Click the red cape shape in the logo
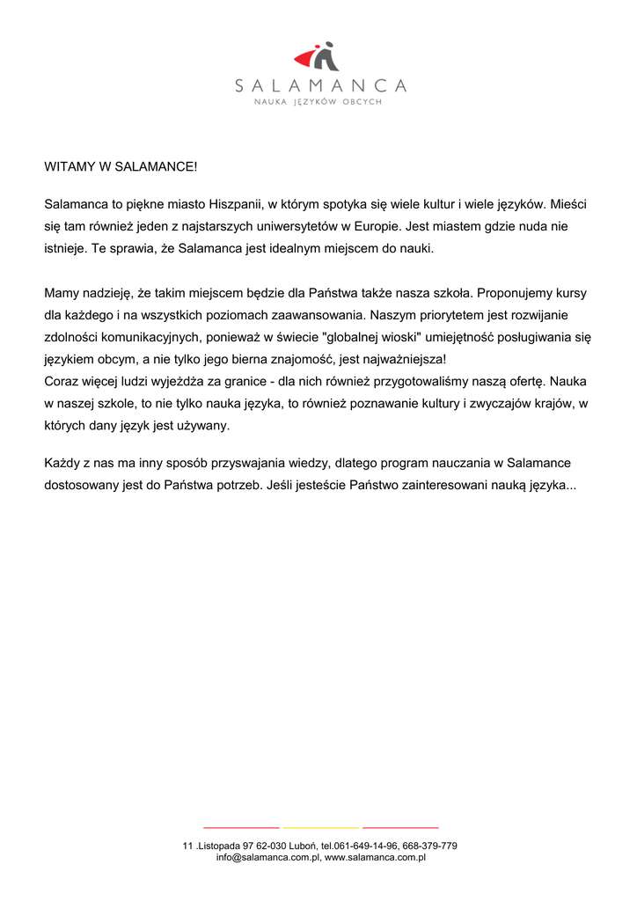pyautogui.click(x=306, y=60)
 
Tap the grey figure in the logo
pyautogui.click(x=326, y=56)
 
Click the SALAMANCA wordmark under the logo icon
pyautogui.click(x=320, y=86)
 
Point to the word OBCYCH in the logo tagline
pyautogui.click(x=362, y=103)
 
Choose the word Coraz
pyautogui.click(x=62, y=382)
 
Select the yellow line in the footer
pyautogui.click(x=320, y=828)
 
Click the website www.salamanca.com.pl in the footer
pyautogui.click(x=375, y=857)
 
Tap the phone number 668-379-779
pyautogui.click(x=430, y=846)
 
